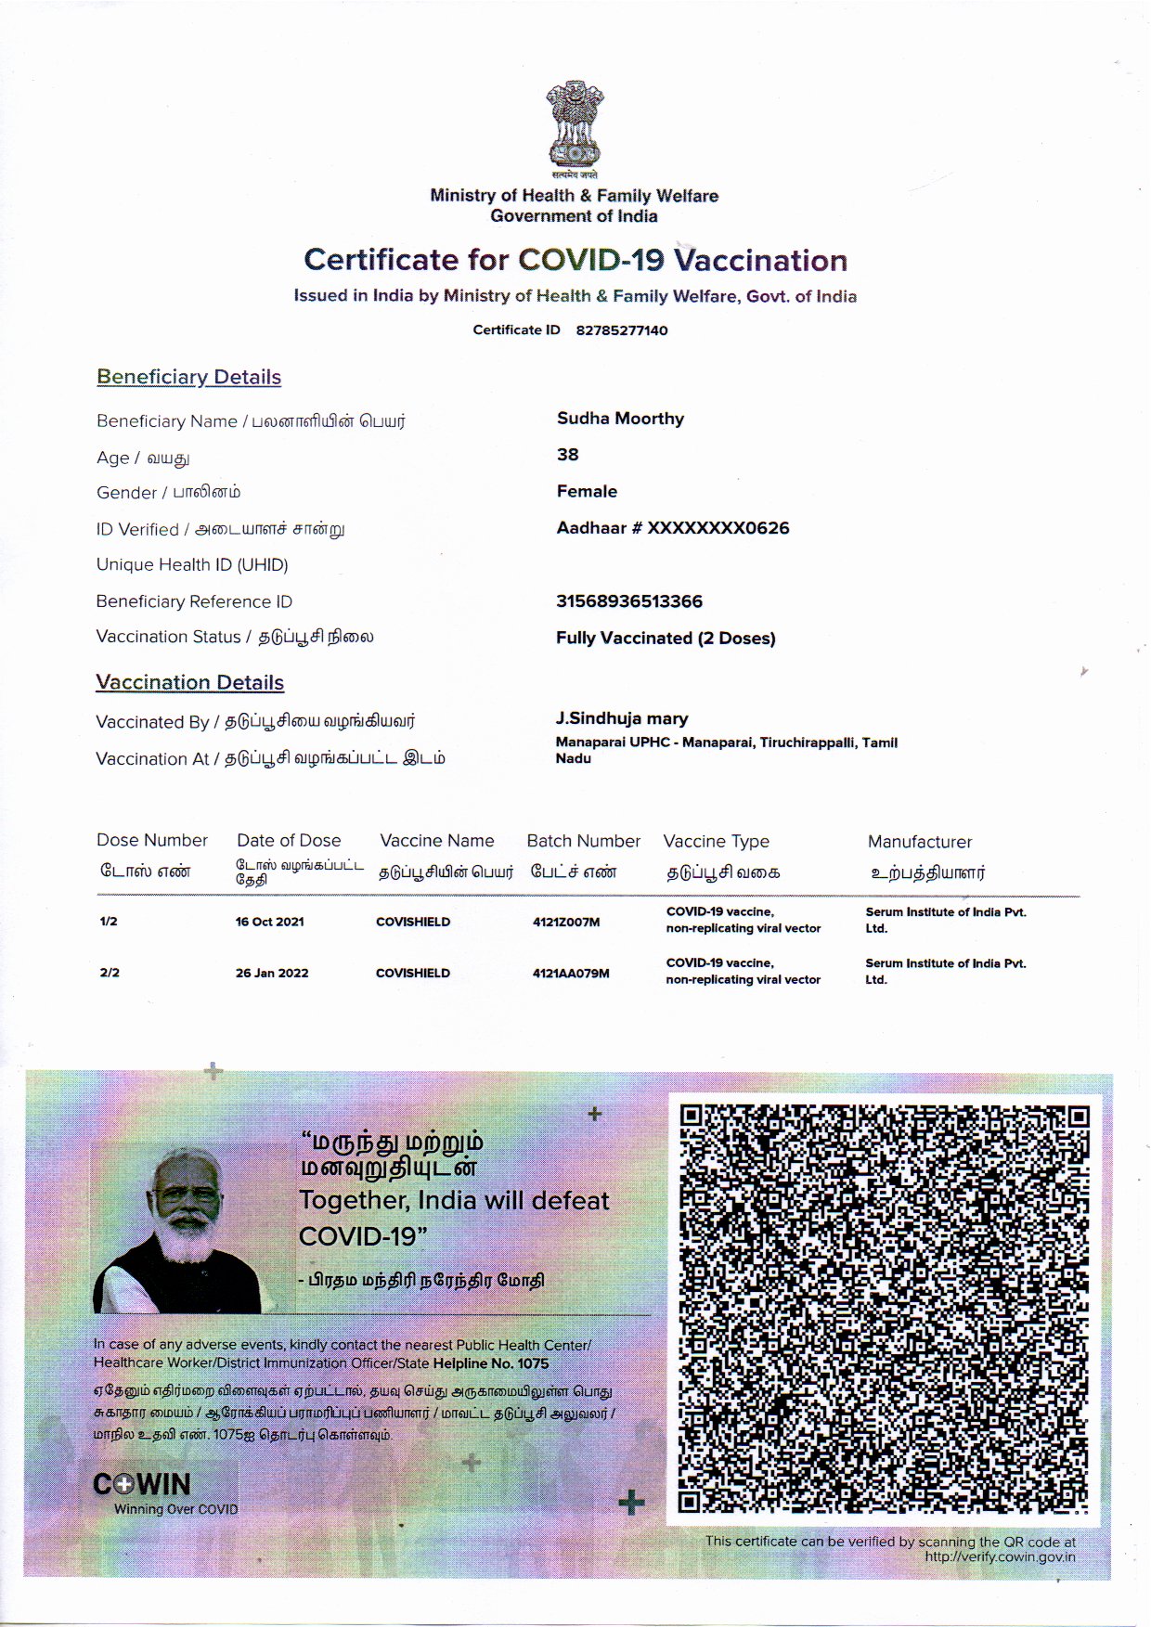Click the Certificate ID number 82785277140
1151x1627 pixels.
pos(622,330)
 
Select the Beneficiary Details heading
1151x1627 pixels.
pos(188,377)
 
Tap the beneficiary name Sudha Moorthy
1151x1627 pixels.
pos(620,419)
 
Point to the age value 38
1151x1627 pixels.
pos(568,455)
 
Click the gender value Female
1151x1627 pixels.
pos(587,491)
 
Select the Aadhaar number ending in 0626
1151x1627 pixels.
pos(673,528)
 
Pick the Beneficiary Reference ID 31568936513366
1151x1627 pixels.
pos(629,601)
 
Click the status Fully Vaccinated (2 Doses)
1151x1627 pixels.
pos(666,638)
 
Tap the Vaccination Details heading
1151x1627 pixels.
pos(189,682)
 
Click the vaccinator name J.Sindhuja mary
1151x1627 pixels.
pos(622,718)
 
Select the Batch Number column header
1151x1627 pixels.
pos(583,841)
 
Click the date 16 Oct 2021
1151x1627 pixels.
pos(269,922)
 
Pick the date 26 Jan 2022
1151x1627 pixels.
pos(272,973)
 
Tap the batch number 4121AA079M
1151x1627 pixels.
pos(571,974)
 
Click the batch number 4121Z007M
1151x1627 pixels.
pos(566,922)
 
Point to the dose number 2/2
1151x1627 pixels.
pos(110,973)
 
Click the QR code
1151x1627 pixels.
pos(884,1309)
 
